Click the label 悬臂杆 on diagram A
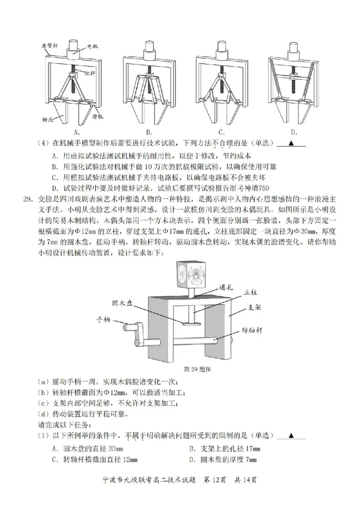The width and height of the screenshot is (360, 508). pos(50,45)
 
